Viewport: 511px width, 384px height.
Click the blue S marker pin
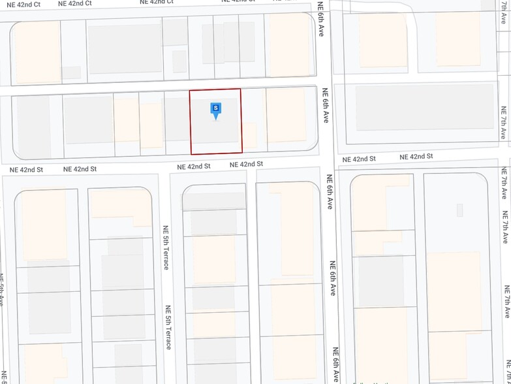pos(216,109)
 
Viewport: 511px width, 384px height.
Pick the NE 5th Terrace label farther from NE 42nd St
pos(168,327)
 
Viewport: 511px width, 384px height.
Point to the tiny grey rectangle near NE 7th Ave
pos(459,210)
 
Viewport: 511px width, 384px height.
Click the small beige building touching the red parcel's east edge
pos(249,136)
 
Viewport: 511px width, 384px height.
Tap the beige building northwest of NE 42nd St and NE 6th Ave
pos(286,114)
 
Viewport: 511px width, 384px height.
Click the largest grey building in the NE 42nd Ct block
pos(125,48)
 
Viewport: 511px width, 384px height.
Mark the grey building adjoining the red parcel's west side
pos(176,118)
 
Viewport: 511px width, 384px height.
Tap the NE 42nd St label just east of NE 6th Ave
pos(359,159)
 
